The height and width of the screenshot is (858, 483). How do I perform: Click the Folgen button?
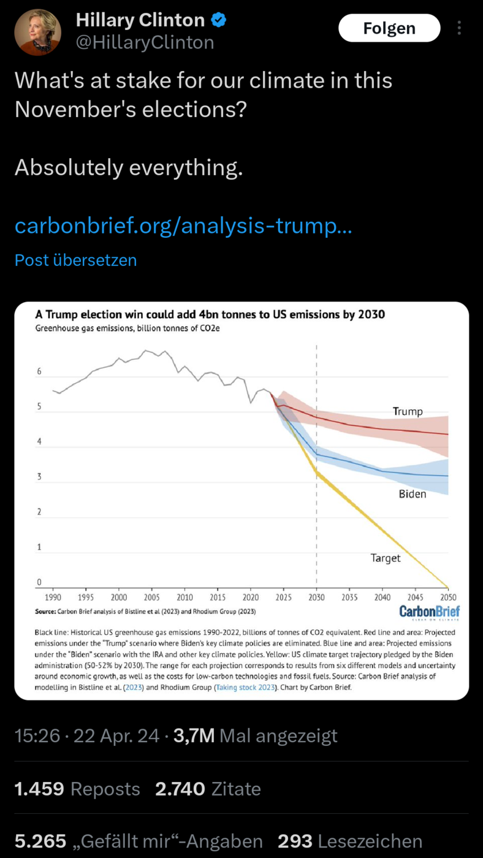click(389, 28)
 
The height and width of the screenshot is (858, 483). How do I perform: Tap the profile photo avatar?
click(37, 32)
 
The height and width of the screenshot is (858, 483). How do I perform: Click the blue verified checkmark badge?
click(219, 20)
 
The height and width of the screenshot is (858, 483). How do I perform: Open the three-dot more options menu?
click(459, 28)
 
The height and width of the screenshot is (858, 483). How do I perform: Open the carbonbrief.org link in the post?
click(183, 226)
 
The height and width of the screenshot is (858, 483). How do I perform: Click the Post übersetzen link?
click(75, 260)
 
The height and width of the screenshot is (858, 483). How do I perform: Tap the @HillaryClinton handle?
click(145, 42)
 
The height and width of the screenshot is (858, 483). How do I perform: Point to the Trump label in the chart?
click(408, 411)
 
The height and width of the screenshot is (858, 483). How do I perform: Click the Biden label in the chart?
click(412, 494)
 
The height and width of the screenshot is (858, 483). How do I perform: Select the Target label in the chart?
click(386, 558)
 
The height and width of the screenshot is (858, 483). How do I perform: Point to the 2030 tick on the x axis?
click(316, 597)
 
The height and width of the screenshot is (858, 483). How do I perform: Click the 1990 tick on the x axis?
click(53, 597)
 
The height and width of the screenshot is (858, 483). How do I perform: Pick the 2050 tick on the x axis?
click(448, 597)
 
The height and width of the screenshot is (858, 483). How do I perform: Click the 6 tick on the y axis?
click(39, 371)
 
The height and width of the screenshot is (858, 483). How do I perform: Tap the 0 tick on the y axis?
click(39, 582)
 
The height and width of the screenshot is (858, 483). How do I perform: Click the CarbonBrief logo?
click(430, 612)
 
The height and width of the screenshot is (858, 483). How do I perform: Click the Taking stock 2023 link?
click(246, 687)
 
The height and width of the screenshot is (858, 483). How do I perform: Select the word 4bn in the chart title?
click(208, 314)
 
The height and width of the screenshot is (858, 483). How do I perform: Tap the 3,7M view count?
click(194, 735)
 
